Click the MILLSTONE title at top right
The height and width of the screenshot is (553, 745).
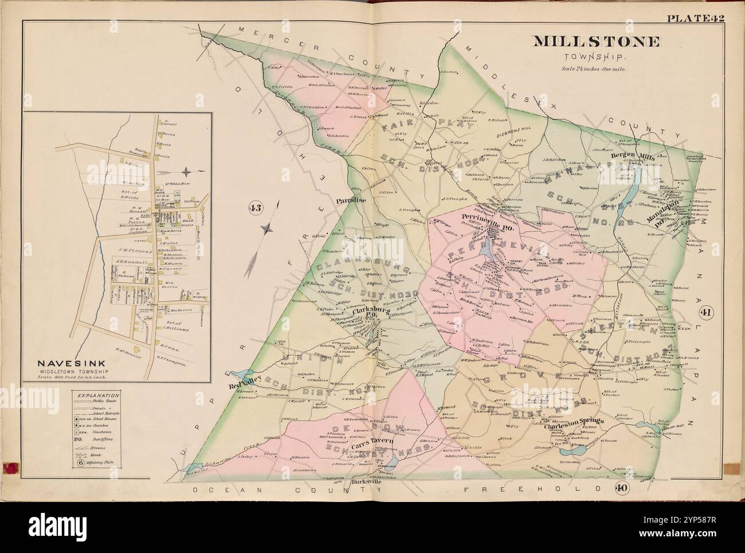click(x=597, y=42)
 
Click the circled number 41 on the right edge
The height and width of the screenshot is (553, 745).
click(x=705, y=312)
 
